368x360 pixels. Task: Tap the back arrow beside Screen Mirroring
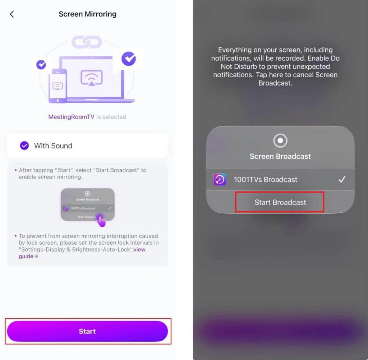pyautogui.click(x=12, y=14)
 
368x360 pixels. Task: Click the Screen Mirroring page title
pyautogui.click(x=88, y=14)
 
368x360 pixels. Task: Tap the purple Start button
pyautogui.click(x=87, y=331)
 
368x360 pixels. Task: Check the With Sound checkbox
pyautogui.click(x=24, y=146)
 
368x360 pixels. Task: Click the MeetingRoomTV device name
pyautogui.click(x=72, y=117)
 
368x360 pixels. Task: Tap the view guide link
pyautogui.click(x=82, y=253)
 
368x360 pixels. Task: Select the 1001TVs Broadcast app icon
pyautogui.click(x=220, y=179)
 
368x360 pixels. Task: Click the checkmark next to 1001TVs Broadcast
pyautogui.click(x=342, y=180)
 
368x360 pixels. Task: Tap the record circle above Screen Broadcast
pyautogui.click(x=280, y=140)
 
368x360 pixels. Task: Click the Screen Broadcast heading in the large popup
pyautogui.click(x=280, y=156)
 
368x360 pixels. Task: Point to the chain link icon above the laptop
pyautogui.click(x=87, y=42)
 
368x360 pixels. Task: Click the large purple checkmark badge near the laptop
pyautogui.click(x=129, y=59)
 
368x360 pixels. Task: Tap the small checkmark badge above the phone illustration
pyautogui.click(x=41, y=65)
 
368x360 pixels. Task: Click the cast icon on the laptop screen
pyautogui.click(x=92, y=78)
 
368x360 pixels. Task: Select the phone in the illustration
pyautogui.click(x=58, y=86)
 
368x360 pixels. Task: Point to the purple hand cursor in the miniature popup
pyautogui.click(x=101, y=220)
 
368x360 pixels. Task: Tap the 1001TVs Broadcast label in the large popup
pyautogui.click(x=266, y=180)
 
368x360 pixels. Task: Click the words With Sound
pyautogui.click(x=53, y=146)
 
